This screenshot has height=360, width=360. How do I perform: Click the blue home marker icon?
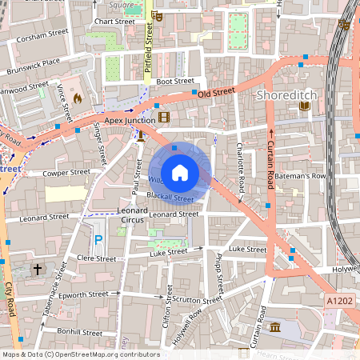click(x=180, y=172)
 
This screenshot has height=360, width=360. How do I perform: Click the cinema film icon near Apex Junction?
click(x=164, y=118)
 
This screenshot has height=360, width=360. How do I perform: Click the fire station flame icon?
click(x=78, y=98)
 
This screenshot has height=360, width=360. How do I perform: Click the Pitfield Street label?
click(x=149, y=48)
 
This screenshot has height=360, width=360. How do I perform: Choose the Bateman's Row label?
click(x=307, y=175)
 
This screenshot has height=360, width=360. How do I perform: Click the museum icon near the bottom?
click(x=275, y=328)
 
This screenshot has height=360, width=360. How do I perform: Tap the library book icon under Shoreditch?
click(x=303, y=106)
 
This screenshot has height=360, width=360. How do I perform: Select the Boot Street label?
click(x=174, y=81)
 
